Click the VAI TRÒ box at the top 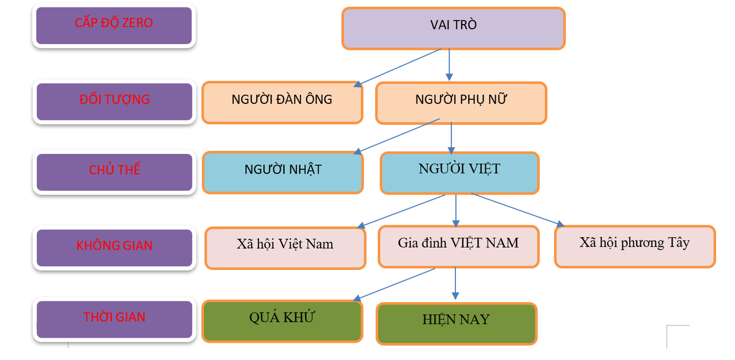tap(453, 28)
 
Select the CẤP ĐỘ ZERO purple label tap(114, 25)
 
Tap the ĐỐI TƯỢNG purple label tap(114, 102)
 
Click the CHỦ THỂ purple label tap(114, 172)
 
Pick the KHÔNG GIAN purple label tap(114, 247)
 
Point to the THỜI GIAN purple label tap(114, 319)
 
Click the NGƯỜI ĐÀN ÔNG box tap(282, 102)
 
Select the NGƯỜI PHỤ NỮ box tap(461, 103)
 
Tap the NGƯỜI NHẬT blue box tap(283, 172)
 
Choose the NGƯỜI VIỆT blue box tap(459, 172)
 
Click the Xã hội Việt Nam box tap(285, 247)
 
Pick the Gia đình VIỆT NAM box tap(458, 246)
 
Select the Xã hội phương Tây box tap(635, 246)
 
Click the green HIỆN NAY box tap(456, 323)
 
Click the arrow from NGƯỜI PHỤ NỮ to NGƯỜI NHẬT tap(397, 136)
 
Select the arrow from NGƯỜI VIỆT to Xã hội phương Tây tap(517, 210)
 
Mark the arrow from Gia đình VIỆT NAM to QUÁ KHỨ tap(395, 284)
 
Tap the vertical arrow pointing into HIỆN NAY tap(456, 283)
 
